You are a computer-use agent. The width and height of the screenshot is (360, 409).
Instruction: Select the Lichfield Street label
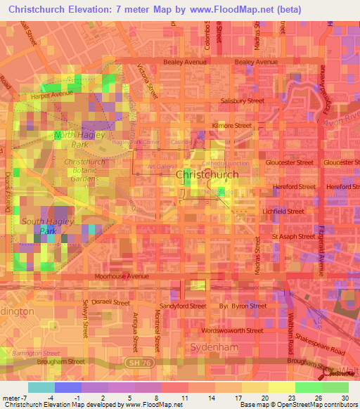[x=283, y=211]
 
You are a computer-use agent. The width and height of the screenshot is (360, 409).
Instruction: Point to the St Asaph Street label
[x=294, y=237]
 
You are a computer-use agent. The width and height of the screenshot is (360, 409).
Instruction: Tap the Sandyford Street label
[x=183, y=306]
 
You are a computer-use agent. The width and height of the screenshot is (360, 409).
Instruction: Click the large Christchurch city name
[x=209, y=174]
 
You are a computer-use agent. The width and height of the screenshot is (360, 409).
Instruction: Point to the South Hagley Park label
[x=44, y=226]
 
